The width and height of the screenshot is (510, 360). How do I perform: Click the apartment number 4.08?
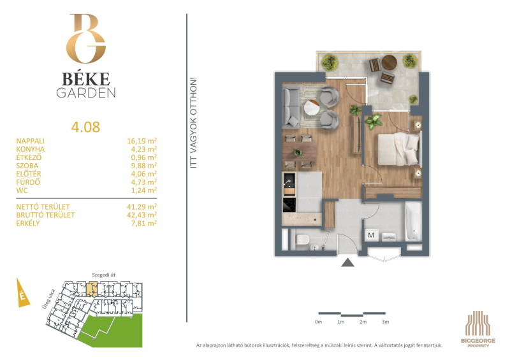(x=85, y=127)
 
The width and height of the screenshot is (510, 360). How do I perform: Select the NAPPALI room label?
(x=30, y=141)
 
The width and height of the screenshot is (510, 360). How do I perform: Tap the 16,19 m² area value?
(x=142, y=141)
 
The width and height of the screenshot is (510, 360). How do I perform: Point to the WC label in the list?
(x=22, y=191)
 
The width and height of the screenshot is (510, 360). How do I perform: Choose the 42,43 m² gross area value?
(x=142, y=215)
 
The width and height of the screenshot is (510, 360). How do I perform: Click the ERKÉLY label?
(x=28, y=223)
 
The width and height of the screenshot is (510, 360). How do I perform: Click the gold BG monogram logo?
(x=86, y=38)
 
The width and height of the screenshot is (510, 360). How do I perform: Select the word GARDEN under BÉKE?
(x=86, y=93)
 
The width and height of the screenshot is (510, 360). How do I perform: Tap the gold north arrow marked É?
(x=22, y=292)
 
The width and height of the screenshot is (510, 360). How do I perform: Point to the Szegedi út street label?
(x=104, y=275)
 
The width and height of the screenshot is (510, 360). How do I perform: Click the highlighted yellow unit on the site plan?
(x=92, y=289)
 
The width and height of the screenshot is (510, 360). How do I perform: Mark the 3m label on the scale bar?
(x=386, y=322)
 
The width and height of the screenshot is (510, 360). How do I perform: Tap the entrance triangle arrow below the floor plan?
(x=347, y=263)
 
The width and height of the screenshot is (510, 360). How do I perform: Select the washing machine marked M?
(x=371, y=235)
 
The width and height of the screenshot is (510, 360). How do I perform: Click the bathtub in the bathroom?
(x=413, y=222)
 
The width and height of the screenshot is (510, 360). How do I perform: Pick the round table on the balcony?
(x=389, y=62)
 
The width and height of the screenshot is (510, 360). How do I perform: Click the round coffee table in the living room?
(x=312, y=107)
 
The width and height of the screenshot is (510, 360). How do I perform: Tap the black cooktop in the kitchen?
(x=289, y=205)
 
